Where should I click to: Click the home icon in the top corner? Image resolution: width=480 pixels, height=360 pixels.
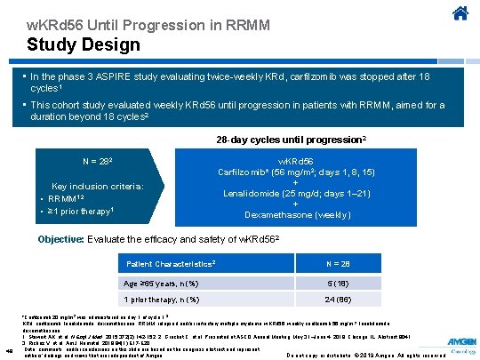pyautogui.click(x=460, y=13)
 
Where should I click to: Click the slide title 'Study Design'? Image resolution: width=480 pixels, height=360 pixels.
pyautogui.click(x=84, y=43)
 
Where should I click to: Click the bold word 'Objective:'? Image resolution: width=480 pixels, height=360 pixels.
pyautogui.click(x=87, y=240)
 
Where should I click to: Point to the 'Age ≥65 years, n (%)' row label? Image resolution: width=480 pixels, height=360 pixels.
pyautogui.click(x=161, y=284)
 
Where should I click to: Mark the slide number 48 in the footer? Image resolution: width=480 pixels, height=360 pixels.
pyautogui.click(x=9, y=349)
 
